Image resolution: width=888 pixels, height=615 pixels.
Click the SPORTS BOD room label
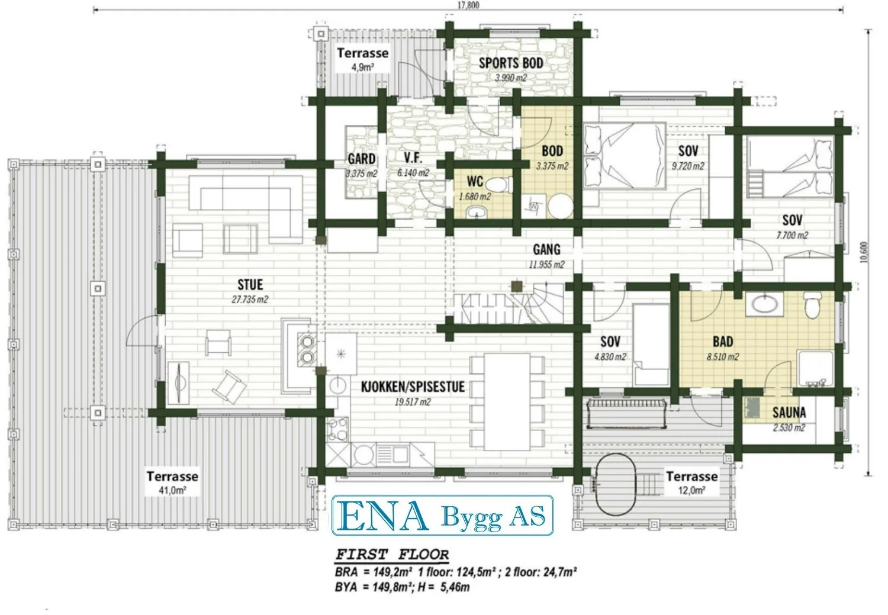coord(511,63)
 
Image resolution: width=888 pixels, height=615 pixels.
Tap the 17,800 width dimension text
coord(468,5)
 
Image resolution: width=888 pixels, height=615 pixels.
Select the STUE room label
coord(250,285)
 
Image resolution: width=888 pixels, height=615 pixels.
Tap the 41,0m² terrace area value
coord(172,490)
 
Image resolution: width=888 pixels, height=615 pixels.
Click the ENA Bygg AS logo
coord(442,515)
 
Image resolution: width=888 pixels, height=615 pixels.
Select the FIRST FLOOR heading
coord(392,555)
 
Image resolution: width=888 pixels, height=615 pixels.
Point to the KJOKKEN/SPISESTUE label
coord(413,387)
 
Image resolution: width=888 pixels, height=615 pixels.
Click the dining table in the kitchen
coord(507,402)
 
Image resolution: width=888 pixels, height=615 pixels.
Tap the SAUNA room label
coord(789,413)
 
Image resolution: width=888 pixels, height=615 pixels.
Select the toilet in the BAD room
coord(812,305)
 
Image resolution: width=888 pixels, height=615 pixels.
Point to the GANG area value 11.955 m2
coord(546,265)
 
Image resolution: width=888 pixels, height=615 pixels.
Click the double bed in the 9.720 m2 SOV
coord(625,155)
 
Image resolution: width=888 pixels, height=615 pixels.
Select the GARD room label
coord(362,159)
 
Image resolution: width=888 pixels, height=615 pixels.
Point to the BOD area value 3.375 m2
coord(552,166)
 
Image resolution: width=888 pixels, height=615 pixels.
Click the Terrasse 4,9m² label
coord(363,59)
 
